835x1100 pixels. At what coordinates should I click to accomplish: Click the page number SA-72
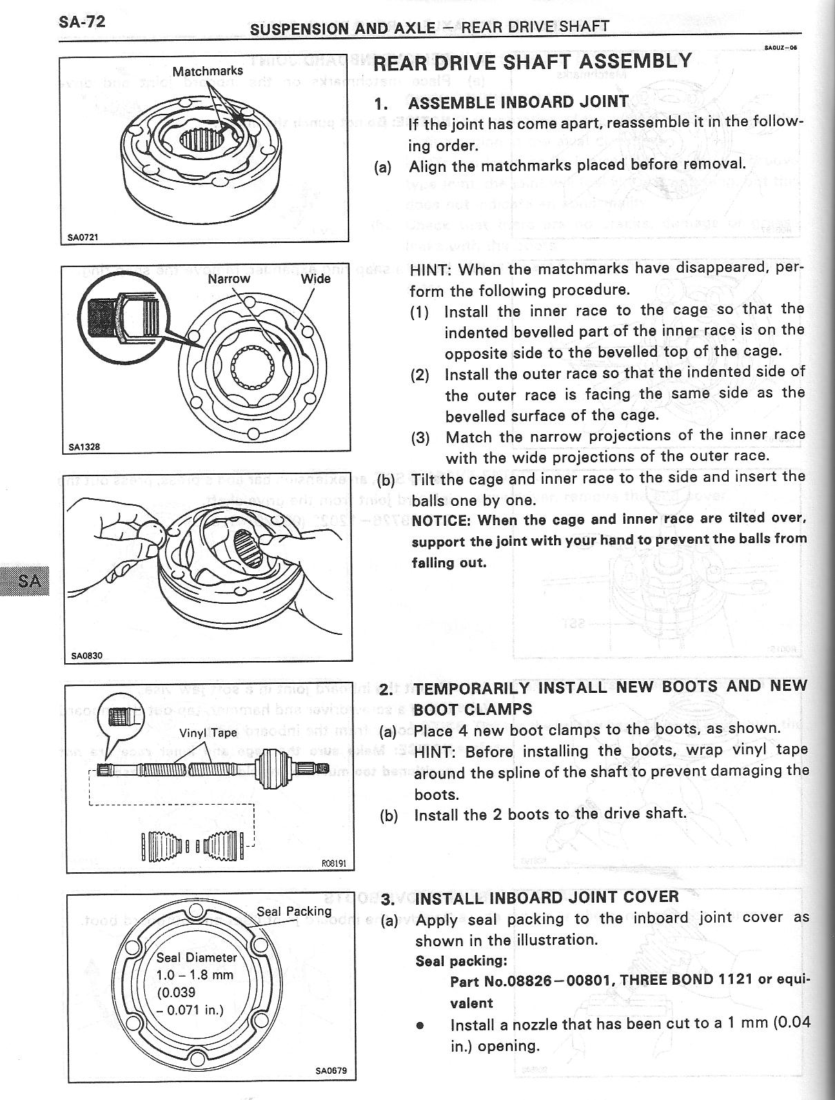click(x=81, y=21)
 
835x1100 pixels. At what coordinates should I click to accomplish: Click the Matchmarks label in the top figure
click(x=208, y=71)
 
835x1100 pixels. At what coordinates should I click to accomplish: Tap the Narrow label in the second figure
click(x=228, y=279)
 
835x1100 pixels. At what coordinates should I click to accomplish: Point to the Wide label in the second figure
click(x=315, y=279)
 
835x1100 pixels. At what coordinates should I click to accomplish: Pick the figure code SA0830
click(x=87, y=656)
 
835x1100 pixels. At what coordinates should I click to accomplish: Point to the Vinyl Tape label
click(x=208, y=733)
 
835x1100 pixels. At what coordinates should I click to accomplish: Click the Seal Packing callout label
click(x=294, y=911)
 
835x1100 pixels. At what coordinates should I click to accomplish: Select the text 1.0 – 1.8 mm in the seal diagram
click(x=195, y=975)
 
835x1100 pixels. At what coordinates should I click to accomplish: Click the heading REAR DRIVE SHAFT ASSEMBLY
click(x=532, y=62)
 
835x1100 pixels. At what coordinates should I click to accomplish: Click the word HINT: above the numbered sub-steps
click(x=431, y=268)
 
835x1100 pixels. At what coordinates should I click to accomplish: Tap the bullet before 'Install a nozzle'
click(x=420, y=1025)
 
